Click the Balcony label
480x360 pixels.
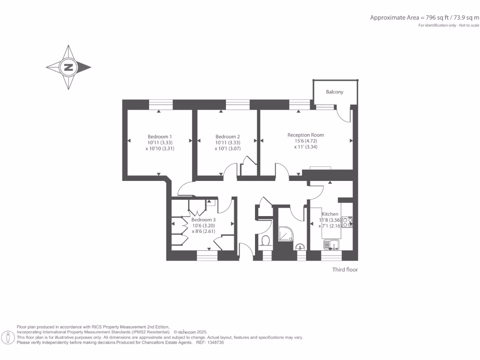(335, 92)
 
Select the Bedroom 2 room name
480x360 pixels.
(227, 136)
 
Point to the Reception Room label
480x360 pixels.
(306, 135)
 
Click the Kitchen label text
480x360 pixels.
(330, 214)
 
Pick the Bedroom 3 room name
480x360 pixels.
(203, 219)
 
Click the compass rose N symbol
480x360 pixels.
(69, 67)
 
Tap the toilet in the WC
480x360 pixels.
(265, 241)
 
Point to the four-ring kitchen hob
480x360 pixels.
(347, 222)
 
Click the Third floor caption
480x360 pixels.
(345, 270)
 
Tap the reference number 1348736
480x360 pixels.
(214, 343)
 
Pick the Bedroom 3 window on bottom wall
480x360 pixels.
(207, 255)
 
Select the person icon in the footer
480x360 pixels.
(8, 337)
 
